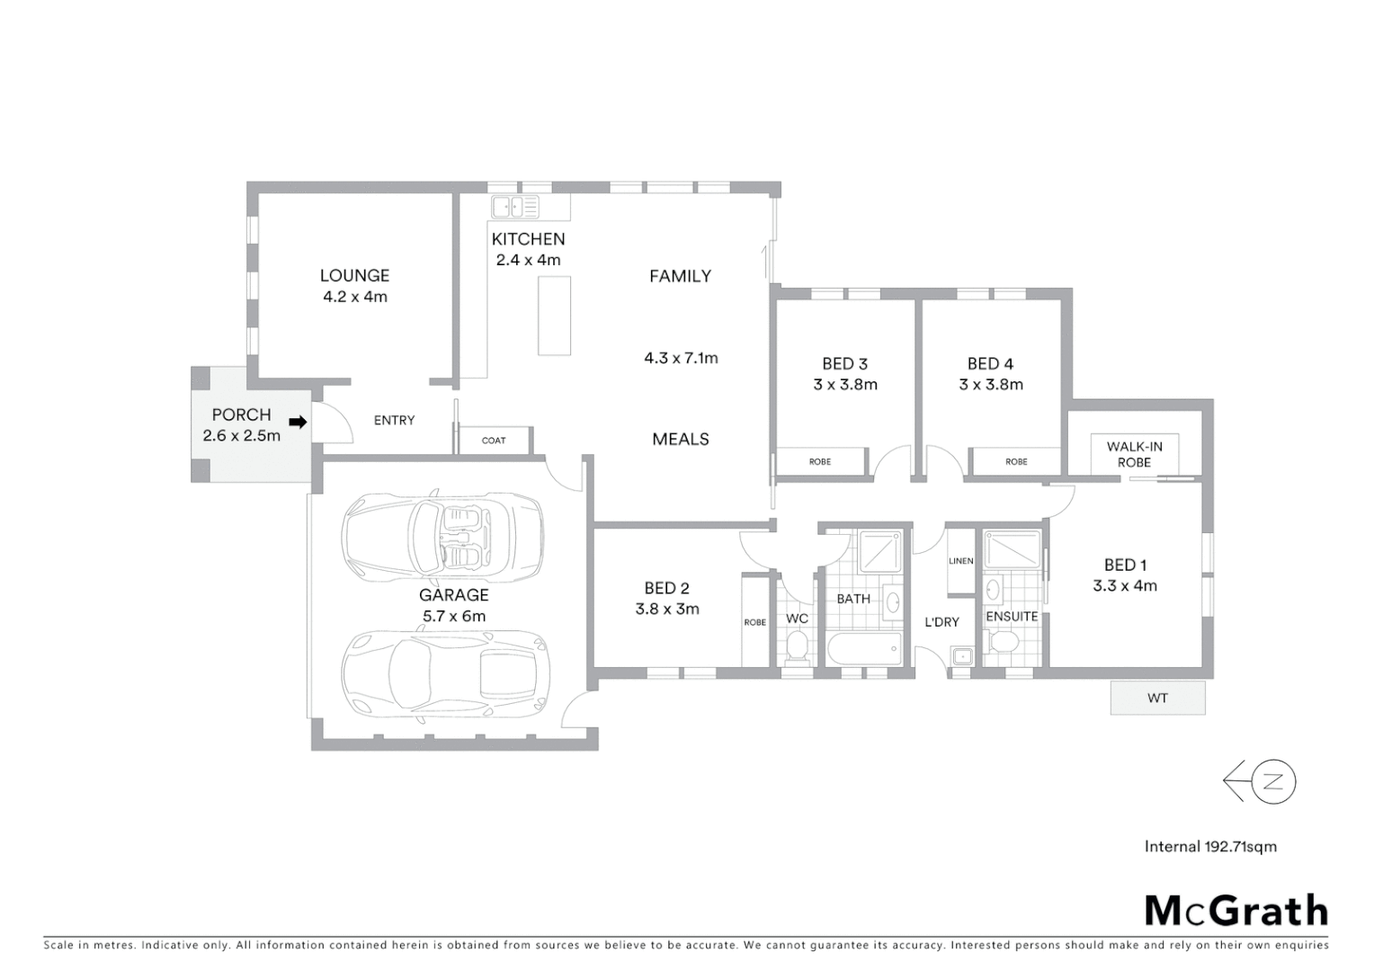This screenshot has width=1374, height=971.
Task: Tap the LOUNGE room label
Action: point(354,276)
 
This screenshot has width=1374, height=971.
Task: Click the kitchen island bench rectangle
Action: point(554,316)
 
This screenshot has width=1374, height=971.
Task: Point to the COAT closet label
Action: point(494,441)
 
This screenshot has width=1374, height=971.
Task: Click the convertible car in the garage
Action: point(442,536)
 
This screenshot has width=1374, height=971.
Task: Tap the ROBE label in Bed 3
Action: point(819,461)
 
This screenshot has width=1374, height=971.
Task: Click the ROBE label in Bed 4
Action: point(1016,461)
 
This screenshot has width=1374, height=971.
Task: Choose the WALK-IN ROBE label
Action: point(1134,454)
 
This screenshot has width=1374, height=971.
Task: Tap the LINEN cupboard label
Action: point(960,561)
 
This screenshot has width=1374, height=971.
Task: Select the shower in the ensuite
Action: point(1012,551)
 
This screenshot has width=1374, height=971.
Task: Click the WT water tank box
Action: point(1157,698)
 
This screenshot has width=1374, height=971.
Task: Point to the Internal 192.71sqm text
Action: point(1210,846)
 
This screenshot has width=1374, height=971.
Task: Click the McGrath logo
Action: point(1236,910)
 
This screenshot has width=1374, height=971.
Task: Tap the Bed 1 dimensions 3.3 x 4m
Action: point(1125,586)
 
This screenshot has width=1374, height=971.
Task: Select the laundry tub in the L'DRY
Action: point(961,656)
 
